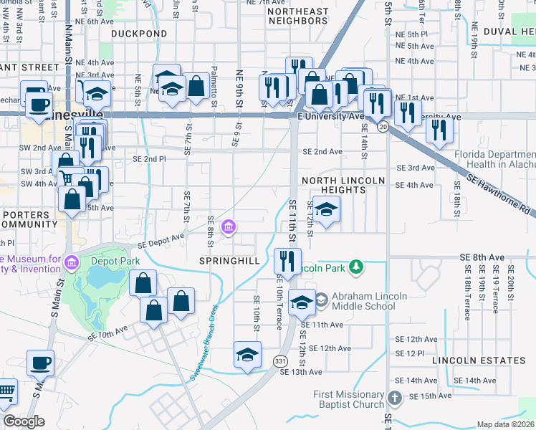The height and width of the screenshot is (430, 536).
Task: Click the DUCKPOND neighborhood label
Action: coord(139,34)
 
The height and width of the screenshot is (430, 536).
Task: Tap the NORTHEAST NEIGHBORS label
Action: coord(297,16)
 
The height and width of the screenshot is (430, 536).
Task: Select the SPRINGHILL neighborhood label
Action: coord(229,261)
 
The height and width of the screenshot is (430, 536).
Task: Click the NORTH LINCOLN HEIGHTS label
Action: coord(344,185)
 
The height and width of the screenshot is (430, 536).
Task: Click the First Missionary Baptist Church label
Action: coord(348,399)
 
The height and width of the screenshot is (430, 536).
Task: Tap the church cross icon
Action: coord(394,398)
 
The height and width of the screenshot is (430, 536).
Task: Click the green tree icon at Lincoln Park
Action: coord(355,268)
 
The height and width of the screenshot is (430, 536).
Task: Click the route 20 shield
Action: coord(384,127)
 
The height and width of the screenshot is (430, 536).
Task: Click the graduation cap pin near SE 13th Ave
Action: coord(247,355)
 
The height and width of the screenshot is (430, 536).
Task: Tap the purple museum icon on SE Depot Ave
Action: coord(229,228)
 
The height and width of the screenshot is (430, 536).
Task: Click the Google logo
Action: coord(23,421)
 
